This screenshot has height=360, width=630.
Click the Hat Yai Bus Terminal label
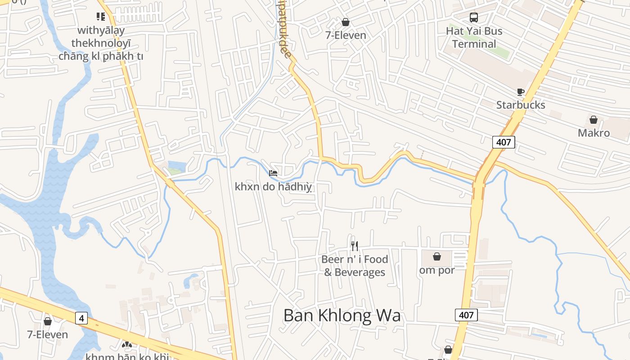[474, 37]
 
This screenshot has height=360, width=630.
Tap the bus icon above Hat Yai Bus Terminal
[474, 18]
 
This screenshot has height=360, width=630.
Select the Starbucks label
[521, 105]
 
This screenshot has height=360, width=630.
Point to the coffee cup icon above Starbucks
[521, 92]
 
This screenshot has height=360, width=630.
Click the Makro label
[594, 133]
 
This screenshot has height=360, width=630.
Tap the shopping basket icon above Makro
[594, 120]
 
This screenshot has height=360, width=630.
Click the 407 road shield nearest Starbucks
[504, 142]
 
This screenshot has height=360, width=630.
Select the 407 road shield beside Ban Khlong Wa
[466, 315]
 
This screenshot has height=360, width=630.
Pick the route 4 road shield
[81, 319]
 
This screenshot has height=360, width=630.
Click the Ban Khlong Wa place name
[342, 315]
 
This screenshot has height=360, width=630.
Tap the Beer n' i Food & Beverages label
[355, 265]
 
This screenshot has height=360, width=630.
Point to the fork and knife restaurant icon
[355, 246]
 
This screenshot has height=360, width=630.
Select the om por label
[436, 270]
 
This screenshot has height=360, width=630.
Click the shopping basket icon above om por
[436, 256]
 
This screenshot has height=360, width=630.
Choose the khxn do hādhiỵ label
[273, 186]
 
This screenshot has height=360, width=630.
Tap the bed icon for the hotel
[273, 173]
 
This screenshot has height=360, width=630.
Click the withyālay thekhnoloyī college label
[101, 43]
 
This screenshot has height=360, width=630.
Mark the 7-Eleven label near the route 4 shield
[47, 334]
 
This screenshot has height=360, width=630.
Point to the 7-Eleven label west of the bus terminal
[346, 35]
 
